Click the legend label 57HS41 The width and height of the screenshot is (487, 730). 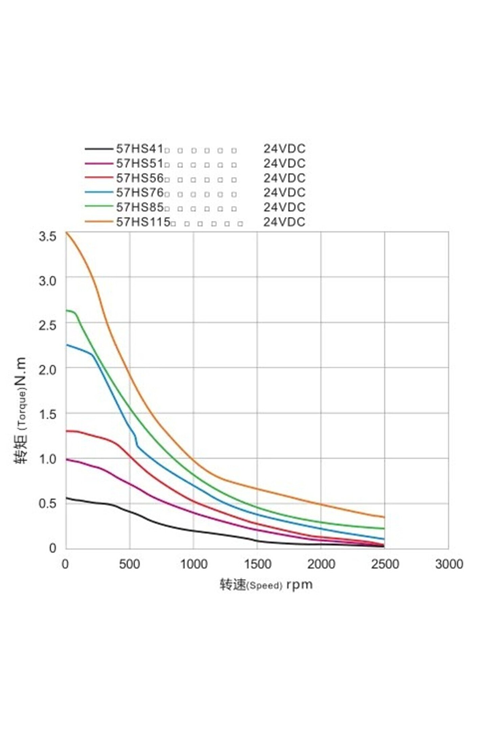(x=140, y=149)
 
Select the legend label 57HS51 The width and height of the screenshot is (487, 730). (x=140, y=163)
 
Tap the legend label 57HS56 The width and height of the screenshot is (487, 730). (x=140, y=178)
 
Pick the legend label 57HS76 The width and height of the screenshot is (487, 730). (x=140, y=193)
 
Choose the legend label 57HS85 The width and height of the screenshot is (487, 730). (x=140, y=207)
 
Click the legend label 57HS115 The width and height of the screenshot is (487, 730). (x=143, y=222)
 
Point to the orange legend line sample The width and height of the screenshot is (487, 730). (x=98, y=222)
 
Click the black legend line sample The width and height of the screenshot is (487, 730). (x=98, y=149)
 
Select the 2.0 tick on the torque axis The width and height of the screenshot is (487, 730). (x=47, y=369)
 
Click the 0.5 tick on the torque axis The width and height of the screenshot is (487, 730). (x=47, y=503)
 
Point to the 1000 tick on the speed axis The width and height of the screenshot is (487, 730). (x=193, y=564)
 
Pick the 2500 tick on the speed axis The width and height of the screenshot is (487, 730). (x=385, y=564)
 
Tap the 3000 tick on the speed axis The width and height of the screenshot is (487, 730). (x=449, y=564)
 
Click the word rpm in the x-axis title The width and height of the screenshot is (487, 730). (x=299, y=584)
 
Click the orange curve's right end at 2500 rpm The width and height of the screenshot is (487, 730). (x=384, y=517)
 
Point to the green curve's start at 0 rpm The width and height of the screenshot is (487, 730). (x=67, y=310)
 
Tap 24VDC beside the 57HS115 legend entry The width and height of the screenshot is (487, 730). (x=284, y=222)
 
